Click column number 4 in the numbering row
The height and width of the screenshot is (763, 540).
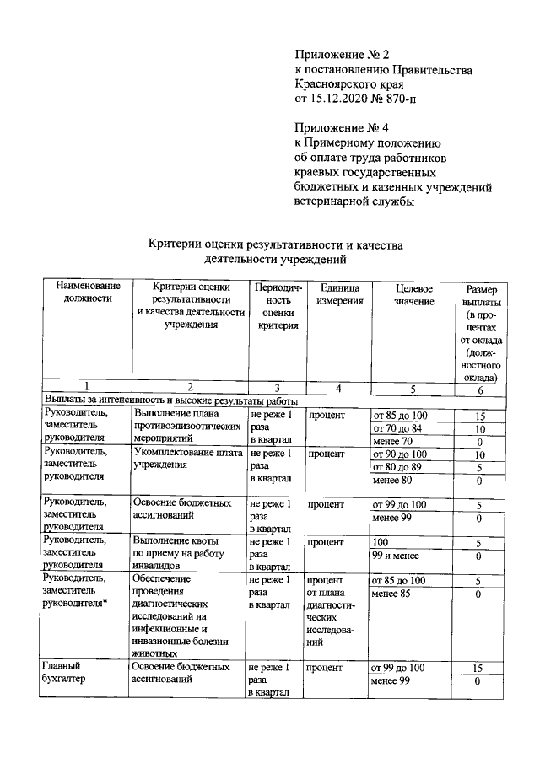(x=337, y=387)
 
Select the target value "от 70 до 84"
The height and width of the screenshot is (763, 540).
(x=400, y=427)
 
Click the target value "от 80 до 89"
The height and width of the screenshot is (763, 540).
(x=400, y=466)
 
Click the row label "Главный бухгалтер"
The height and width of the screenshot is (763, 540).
(x=68, y=674)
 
